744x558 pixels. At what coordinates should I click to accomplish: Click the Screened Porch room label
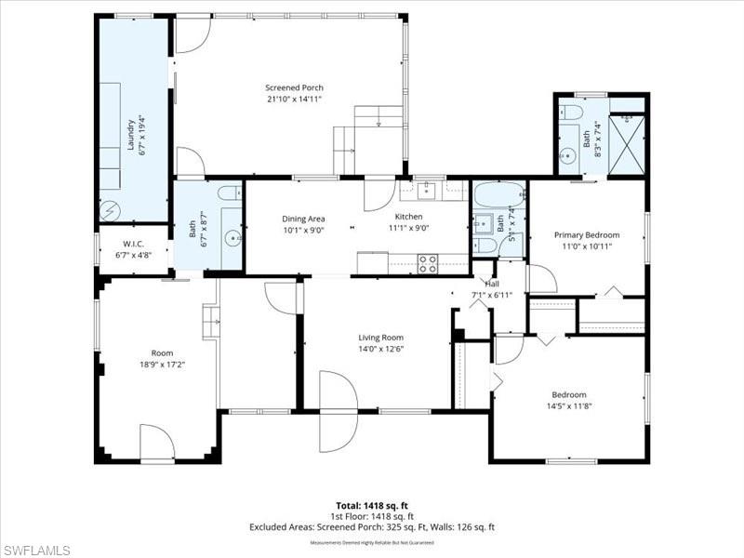(x=294, y=87)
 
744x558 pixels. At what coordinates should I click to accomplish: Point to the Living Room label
(x=380, y=338)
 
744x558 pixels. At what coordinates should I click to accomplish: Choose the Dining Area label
(x=303, y=219)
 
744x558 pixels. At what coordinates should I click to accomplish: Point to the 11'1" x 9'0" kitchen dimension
(x=408, y=228)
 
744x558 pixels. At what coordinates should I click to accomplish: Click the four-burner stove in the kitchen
(x=428, y=263)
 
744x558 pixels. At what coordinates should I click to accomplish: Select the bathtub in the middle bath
(x=498, y=196)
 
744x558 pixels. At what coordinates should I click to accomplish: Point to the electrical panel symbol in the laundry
(x=109, y=207)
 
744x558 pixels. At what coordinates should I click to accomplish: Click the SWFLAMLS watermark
(x=36, y=549)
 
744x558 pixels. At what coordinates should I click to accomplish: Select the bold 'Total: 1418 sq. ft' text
(x=371, y=505)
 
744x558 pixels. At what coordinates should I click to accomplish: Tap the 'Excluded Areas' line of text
(x=371, y=527)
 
